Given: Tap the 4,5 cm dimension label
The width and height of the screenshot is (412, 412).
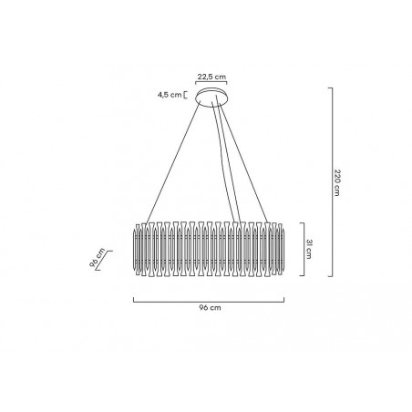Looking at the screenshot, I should point(170,93).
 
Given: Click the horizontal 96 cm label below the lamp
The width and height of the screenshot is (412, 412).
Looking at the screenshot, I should point(209,309).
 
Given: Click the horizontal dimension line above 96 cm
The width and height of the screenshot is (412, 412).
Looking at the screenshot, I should point(209,300).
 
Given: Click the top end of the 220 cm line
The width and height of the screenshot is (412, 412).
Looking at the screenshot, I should point(330,88).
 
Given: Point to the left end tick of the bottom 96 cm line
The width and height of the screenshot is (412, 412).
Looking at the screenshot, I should point(134,299).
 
